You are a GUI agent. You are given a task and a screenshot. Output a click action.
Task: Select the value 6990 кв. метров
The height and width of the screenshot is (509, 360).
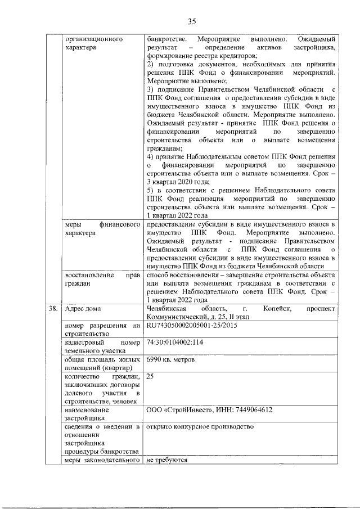coord(174,358)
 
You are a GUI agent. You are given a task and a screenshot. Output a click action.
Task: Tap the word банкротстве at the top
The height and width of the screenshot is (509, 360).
coord(165,40)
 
